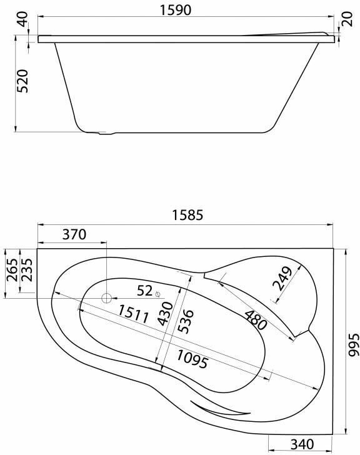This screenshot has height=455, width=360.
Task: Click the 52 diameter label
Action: [144, 291]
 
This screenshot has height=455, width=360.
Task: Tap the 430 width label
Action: [165, 312]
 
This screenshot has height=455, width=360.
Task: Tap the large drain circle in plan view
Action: [107, 299]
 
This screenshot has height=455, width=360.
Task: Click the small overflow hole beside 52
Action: [159, 294]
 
